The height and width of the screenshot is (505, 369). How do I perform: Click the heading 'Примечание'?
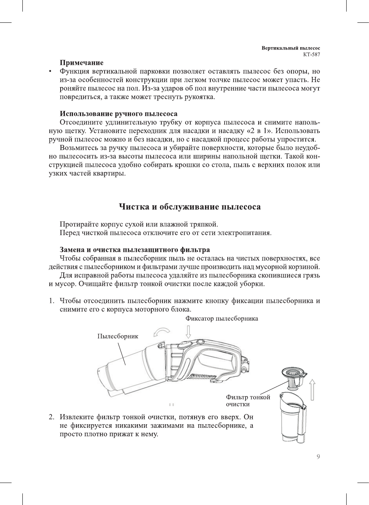tap(81, 63)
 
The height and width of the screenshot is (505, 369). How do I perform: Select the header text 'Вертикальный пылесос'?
tap(291, 48)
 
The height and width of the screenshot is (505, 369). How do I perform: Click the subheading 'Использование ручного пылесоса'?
tap(118, 114)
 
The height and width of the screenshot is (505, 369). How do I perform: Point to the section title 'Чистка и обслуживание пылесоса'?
tap(190, 207)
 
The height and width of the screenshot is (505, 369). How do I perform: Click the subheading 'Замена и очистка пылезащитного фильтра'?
tap(135, 250)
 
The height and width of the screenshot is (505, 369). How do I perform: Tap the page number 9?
tap(318, 457)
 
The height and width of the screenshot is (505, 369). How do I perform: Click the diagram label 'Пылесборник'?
tap(118, 336)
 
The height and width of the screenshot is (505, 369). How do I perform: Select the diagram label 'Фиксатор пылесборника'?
tap(222, 319)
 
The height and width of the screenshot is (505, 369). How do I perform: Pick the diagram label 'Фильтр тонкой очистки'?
tap(248, 401)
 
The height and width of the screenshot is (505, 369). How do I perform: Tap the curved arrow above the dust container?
tap(161, 332)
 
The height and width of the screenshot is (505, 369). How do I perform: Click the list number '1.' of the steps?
tap(51, 301)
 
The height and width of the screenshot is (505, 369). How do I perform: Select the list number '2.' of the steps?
tap(51, 417)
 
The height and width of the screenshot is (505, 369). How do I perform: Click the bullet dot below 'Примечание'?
tap(50, 71)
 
